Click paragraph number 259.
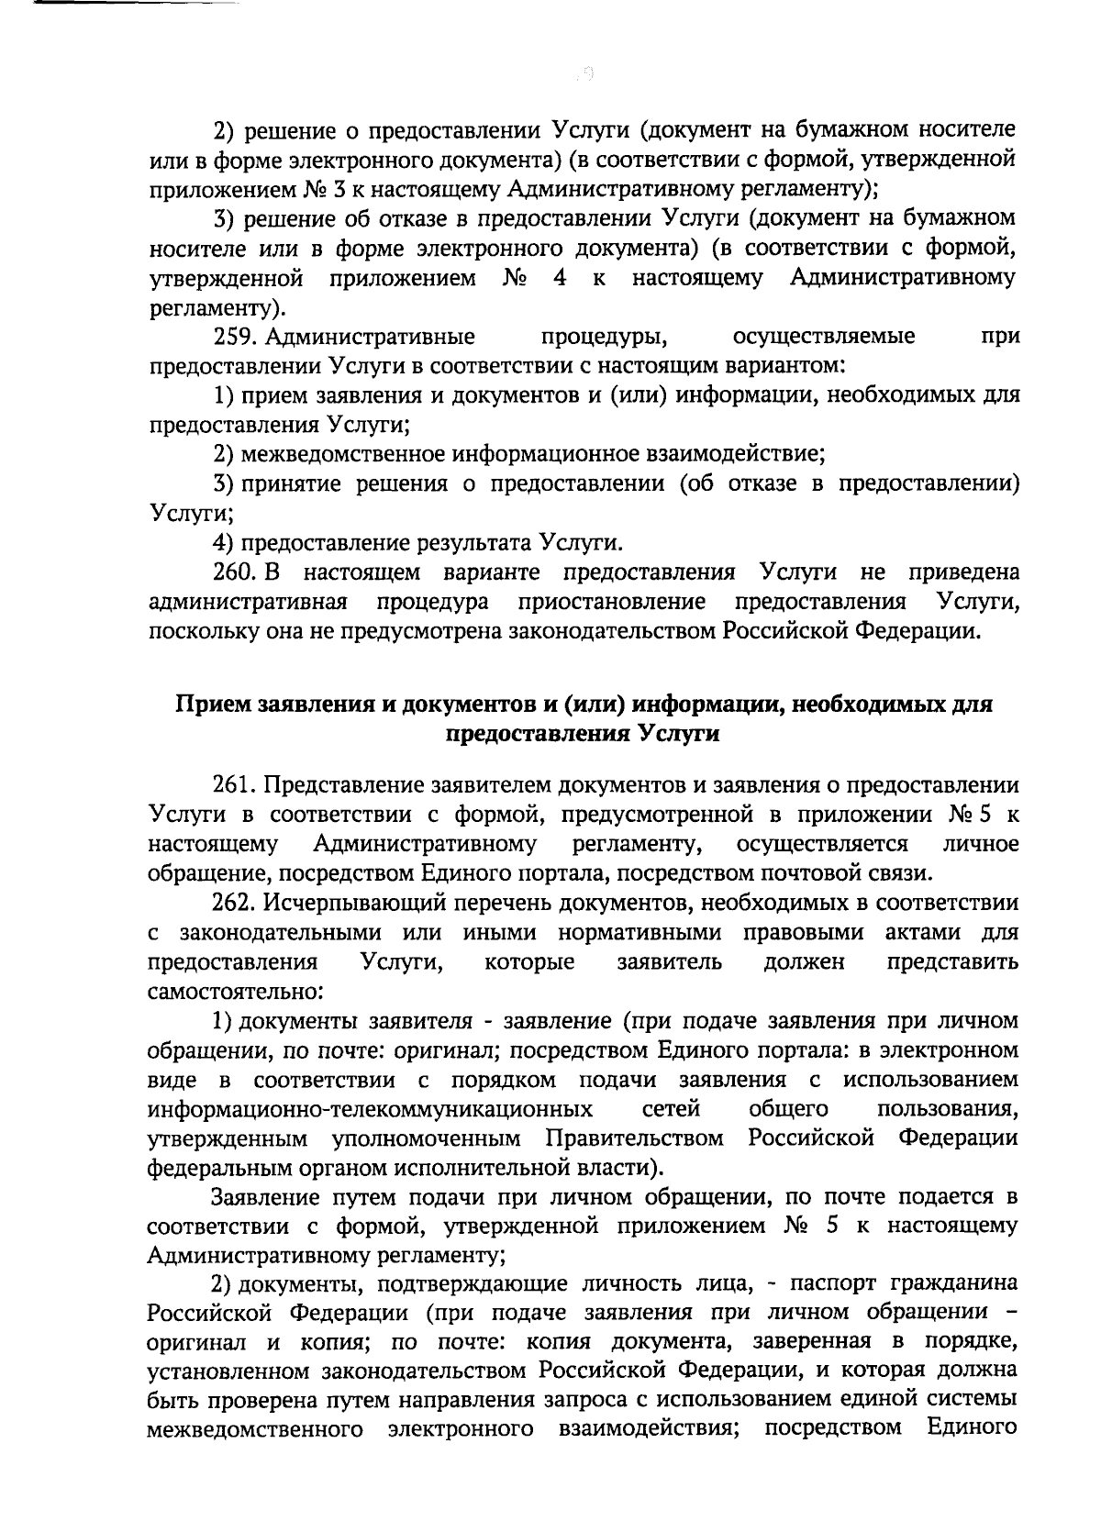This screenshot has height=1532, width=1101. click(x=235, y=337)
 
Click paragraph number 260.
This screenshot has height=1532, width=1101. click(x=235, y=572)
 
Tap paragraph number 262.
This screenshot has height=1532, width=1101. click(x=235, y=903)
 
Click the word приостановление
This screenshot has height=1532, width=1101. click(x=612, y=602)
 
